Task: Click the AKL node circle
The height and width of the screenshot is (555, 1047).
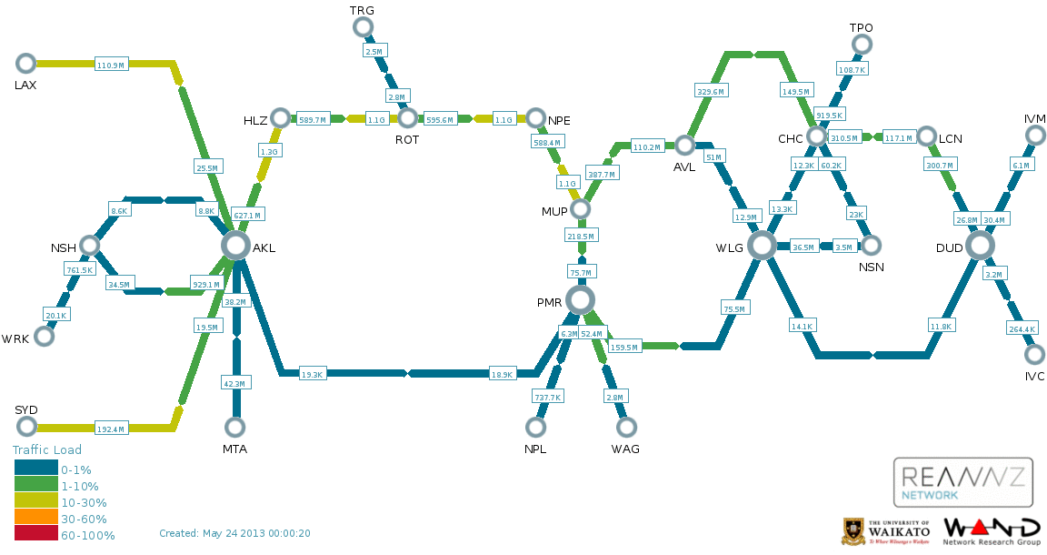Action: [235, 245]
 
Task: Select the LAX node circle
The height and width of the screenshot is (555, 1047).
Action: [25, 63]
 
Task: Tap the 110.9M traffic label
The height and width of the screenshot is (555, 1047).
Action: [110, 65]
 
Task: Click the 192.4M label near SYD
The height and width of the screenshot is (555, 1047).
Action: [110, 429]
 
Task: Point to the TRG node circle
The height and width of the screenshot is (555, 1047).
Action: [363, 27]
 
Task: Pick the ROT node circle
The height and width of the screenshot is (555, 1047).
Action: [407, 118]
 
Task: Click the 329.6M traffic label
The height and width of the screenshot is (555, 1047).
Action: [710, 91]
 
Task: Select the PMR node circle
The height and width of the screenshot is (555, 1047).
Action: [580, 299]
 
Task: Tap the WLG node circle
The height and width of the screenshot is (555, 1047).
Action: [762, 245]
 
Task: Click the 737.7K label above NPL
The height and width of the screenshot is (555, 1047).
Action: [548, 397]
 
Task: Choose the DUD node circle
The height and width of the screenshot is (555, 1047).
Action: [980, 245]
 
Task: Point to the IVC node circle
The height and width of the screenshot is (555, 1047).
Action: [1034, 354]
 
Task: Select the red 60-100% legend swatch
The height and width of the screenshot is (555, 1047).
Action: [35, 535]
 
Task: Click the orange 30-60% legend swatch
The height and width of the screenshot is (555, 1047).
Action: [35, 519]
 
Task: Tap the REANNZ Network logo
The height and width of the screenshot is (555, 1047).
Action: [963, 481]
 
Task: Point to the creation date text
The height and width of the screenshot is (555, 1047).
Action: [234, 533]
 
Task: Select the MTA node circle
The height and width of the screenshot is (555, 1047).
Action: [235, 427]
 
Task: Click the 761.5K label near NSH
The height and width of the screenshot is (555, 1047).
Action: [79, 269]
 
